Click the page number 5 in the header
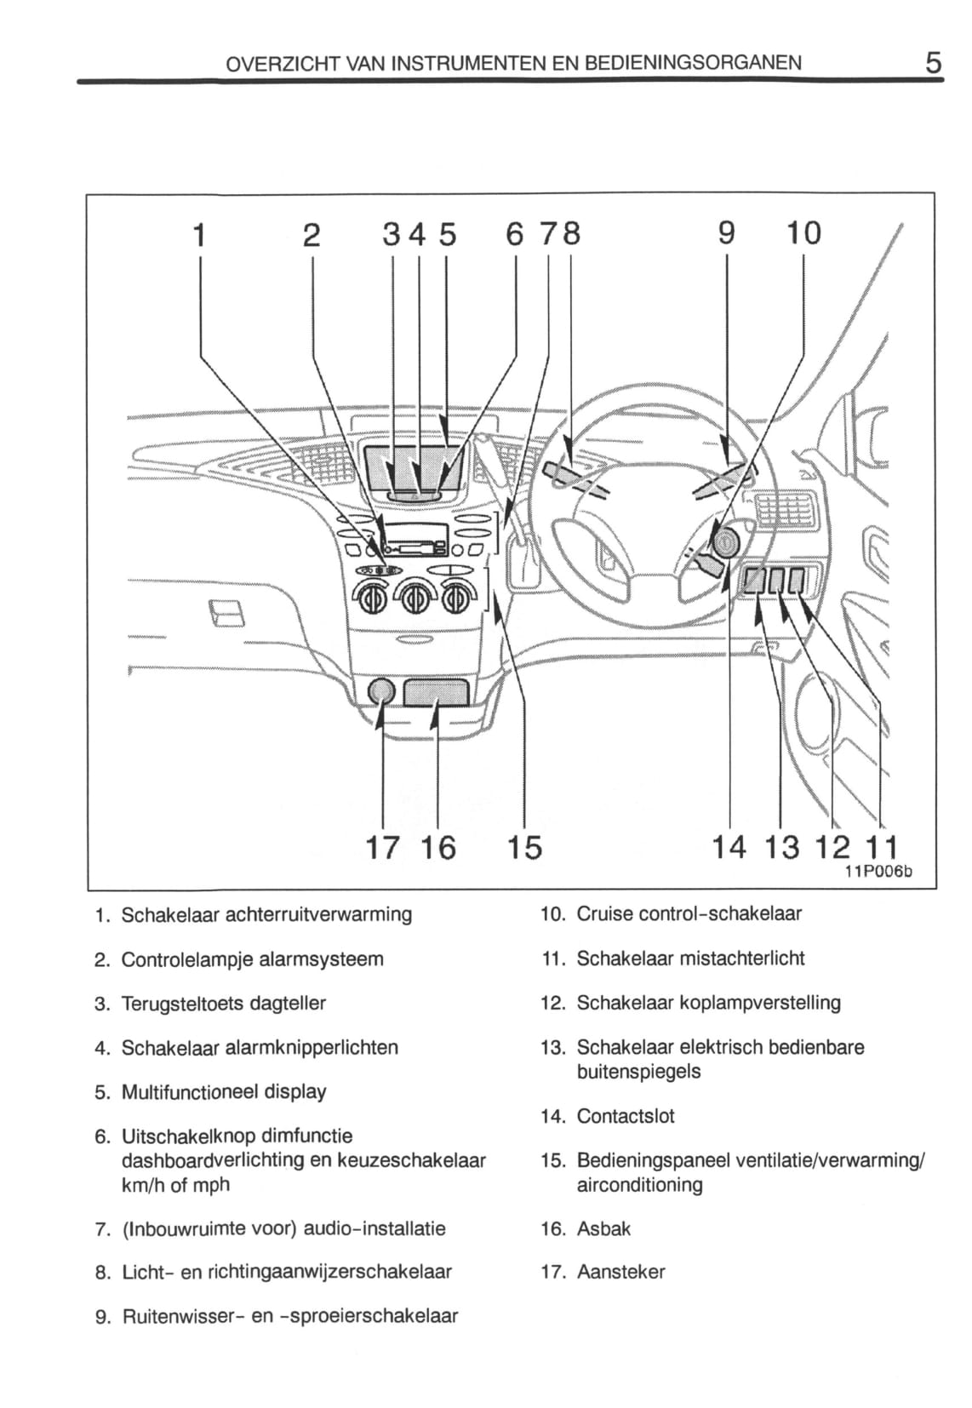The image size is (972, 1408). [934, 63]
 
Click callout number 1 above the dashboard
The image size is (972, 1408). [199, 234]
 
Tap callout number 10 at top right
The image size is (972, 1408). [803, 232]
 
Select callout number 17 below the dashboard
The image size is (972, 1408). [382, 847]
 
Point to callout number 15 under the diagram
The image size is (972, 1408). [523, 847]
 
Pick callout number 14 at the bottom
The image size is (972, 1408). [729, 847]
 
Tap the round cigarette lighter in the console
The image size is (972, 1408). [382, 692]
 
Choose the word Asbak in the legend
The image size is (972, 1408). [603, 1228]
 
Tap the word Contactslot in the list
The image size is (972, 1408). [625, 1115]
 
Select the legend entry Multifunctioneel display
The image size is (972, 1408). [224, 1091]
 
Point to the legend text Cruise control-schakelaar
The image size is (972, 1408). [689, 913]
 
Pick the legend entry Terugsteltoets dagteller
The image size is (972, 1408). [224, 1003]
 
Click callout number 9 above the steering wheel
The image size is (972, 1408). [726, 232]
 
